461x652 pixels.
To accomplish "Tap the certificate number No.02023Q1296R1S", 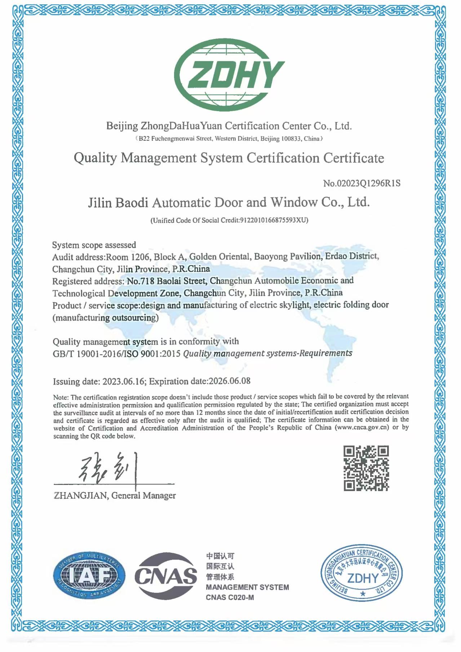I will click(362, 183).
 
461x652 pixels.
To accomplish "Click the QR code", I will click(366, 468).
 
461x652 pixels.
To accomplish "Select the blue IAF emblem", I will click(89, 576).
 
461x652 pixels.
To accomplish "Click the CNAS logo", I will click(166, 576).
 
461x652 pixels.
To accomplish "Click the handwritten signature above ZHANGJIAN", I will click(108, 469).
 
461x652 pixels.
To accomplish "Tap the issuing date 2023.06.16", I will click(124, 382).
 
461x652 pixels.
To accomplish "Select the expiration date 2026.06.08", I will click(230, 381).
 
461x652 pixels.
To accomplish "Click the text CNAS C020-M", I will click(230, 598).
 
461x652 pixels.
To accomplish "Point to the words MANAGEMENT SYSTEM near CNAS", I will click(247, 587).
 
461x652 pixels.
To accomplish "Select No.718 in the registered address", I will click(141, 281).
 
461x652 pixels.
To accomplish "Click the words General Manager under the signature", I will click(143, 495).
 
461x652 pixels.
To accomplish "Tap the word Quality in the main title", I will click(95, 158).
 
